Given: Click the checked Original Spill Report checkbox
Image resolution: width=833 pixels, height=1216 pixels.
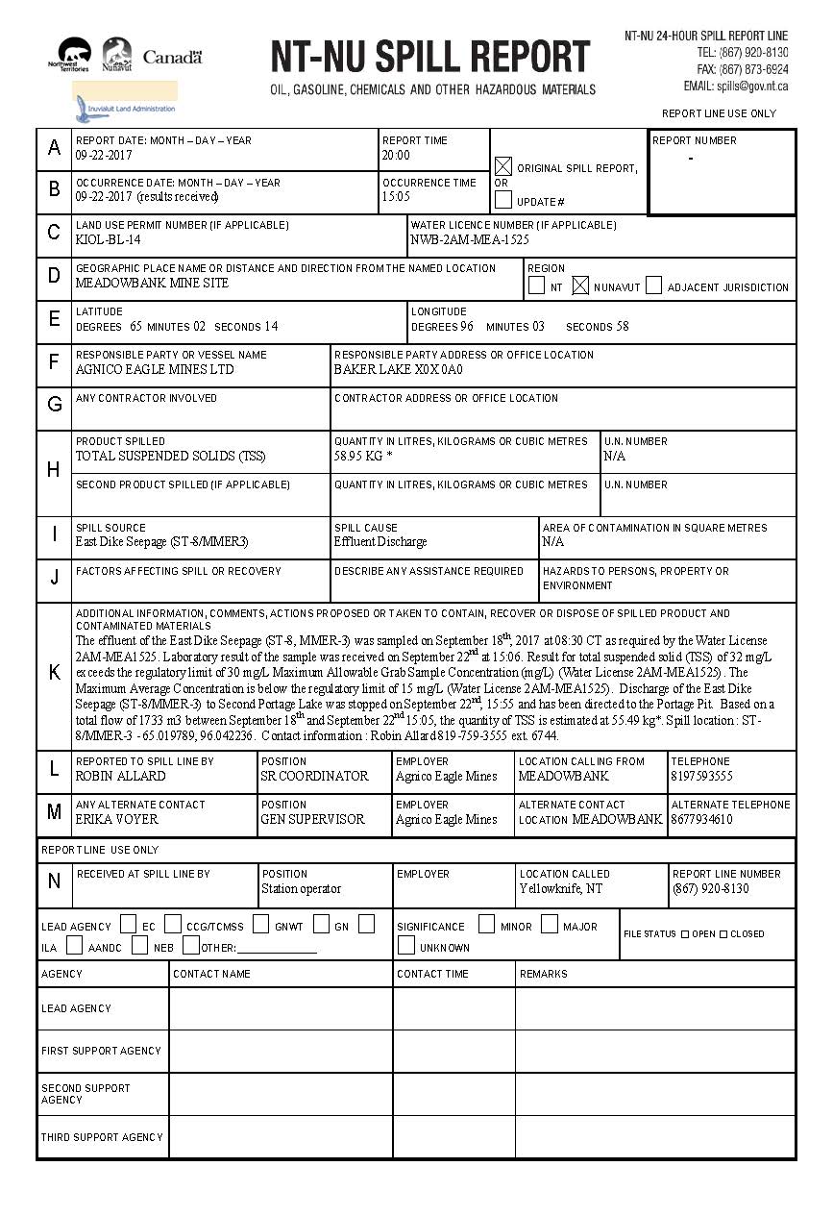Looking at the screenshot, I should point(503,166).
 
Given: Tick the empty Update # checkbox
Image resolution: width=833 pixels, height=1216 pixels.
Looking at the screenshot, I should point(503,200).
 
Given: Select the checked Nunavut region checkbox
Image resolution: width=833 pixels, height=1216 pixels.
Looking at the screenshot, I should point(580,285).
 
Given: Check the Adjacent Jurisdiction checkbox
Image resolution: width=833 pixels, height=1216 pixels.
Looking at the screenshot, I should point(654,285).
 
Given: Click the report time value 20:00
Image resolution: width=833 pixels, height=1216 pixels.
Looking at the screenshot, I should point(396,155).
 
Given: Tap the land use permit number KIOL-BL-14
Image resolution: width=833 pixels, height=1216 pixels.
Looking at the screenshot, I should point(109,239).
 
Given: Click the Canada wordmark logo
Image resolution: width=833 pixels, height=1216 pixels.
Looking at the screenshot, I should point(173,58).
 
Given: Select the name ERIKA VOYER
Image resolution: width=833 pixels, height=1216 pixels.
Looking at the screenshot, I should point(117,819).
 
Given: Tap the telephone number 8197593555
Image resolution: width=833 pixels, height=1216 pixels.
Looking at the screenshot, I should point(701,776).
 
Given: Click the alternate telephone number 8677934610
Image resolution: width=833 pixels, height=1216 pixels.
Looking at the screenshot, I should point(701,819).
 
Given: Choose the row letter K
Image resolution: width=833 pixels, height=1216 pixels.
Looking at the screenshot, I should point(54,672).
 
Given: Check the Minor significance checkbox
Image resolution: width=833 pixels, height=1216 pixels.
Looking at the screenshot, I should point(486,925).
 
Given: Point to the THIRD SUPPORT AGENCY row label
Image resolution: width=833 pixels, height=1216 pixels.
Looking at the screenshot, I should point(102,1137).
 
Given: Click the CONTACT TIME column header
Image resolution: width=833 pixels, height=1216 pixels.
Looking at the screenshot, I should point(433,974).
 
